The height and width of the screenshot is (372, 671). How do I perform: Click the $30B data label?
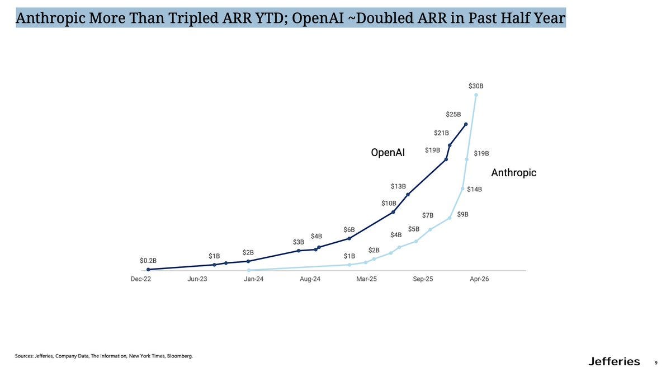click(476, 86)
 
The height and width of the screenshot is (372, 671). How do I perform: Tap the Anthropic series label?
click(513, 173)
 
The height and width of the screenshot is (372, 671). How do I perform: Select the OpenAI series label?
click(388, 153)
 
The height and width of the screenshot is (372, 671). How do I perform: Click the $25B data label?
click(453, 115)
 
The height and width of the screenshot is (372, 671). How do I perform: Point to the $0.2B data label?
click(148, 261)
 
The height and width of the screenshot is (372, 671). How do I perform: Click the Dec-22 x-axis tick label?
click(141, 279)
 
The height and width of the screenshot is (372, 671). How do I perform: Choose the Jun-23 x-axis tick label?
click(197, 279)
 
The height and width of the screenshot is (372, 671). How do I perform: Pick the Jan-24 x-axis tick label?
click(253, 279)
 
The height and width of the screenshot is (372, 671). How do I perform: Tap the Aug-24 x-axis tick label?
click(310, 279)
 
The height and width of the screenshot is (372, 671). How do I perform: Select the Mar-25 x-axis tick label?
click(366, 279)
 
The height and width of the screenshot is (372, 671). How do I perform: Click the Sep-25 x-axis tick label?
click(423, 279)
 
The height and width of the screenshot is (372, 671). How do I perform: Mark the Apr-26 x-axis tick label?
click(479, 279)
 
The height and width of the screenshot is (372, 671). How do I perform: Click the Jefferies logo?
click(614, 361)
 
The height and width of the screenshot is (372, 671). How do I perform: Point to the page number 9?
click(656, 362)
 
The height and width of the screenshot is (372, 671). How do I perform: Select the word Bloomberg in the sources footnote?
click(179, 356)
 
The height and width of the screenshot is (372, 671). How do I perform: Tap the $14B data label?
click(474, 190)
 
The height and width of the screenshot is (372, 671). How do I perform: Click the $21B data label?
click(441, 133)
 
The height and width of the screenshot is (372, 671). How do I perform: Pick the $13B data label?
click(398, 186)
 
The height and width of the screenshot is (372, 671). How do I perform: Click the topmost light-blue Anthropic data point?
click(476, 95)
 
